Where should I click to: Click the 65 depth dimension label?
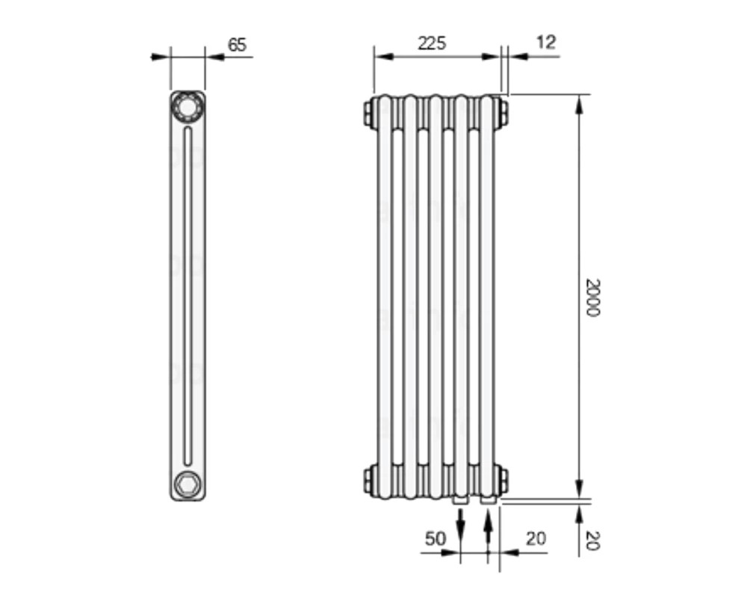[x=237, y=45]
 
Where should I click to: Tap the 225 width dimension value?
[x=432, y=43]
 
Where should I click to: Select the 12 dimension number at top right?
[x=546, y=43]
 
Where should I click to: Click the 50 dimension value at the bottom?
[x=435, y=539]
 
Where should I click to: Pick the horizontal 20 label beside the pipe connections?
[x=536, y=539]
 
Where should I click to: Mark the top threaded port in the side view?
[x=187, y=106]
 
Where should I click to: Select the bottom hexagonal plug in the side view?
[x=187, y=484]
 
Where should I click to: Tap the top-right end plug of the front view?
[x=503, y=113]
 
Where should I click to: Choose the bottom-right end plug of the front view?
[x=503, y=480]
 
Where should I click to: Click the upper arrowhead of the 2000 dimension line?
[x=579, y=105]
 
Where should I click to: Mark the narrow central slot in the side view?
[x=187, y=296]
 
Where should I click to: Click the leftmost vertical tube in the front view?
[x=385, y=297]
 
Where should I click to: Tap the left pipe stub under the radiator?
[x=460, y=500]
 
